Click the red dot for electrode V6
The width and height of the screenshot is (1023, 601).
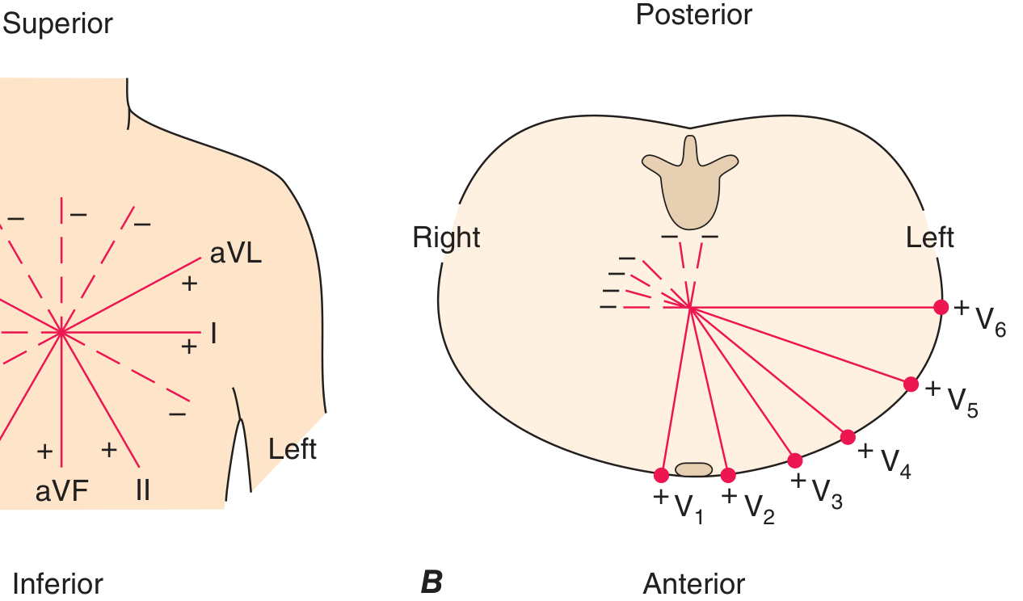click(941, 307)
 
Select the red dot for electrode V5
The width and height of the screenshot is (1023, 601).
click(911, 384)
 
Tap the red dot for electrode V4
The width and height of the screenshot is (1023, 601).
click(848, 437)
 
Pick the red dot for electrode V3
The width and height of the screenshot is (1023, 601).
click(795, 460)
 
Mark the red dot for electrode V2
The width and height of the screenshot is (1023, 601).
click(728, 475)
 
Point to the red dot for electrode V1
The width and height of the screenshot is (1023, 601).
click(661, 475)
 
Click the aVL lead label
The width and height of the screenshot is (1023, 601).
click(236, 254)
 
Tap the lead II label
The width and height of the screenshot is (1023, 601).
click(143, 490)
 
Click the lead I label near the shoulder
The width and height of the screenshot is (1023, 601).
click(213, 334)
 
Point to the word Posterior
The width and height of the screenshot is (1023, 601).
click(694, 15)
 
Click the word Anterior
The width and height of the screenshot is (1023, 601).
click(694, 583)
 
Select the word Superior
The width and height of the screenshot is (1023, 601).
click(57, 24)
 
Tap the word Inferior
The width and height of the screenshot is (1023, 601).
click(58, 583)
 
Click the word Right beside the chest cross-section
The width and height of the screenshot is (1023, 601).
click(446, 237)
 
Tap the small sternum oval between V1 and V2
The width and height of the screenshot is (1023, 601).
click(693, 469)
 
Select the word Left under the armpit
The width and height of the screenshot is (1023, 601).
click(293, 449)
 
